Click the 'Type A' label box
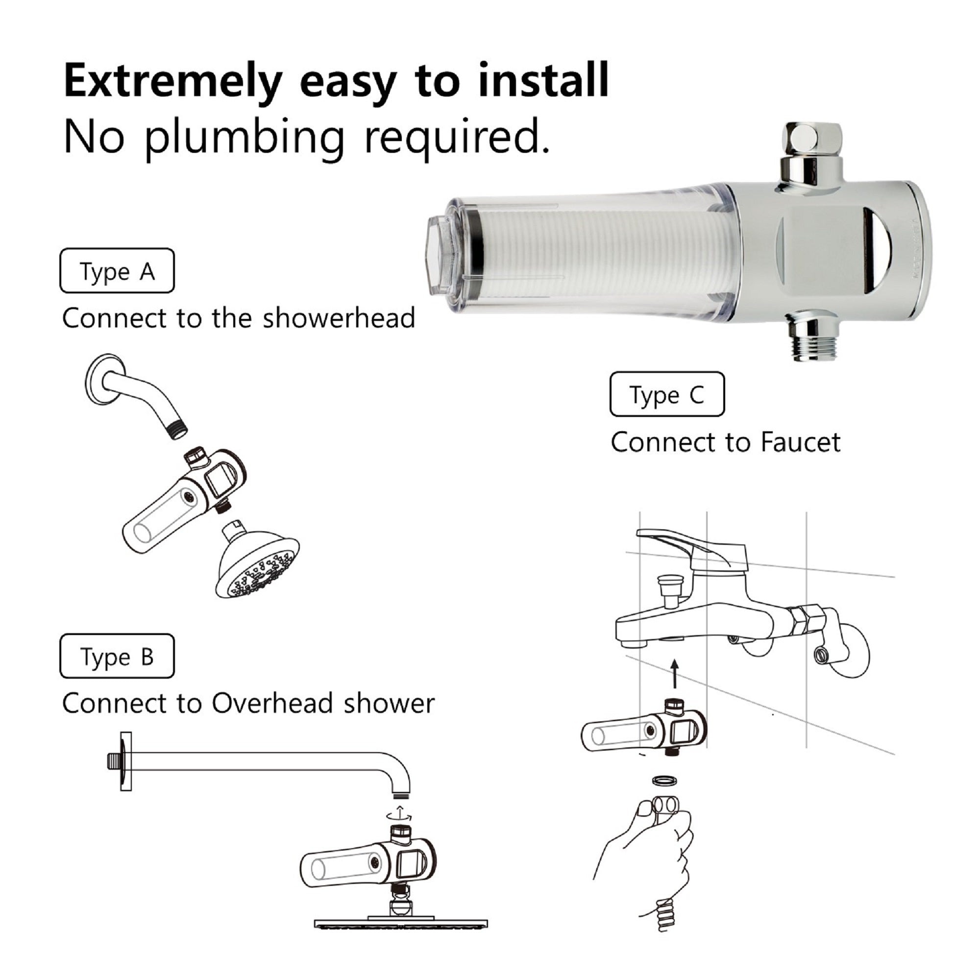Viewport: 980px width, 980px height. pos(117,271)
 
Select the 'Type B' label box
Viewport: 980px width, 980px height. pos(117,657)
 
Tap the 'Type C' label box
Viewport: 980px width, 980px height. pos(667,394)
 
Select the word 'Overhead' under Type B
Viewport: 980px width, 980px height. pos(272,704)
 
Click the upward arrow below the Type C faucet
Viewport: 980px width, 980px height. pos(674,674)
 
